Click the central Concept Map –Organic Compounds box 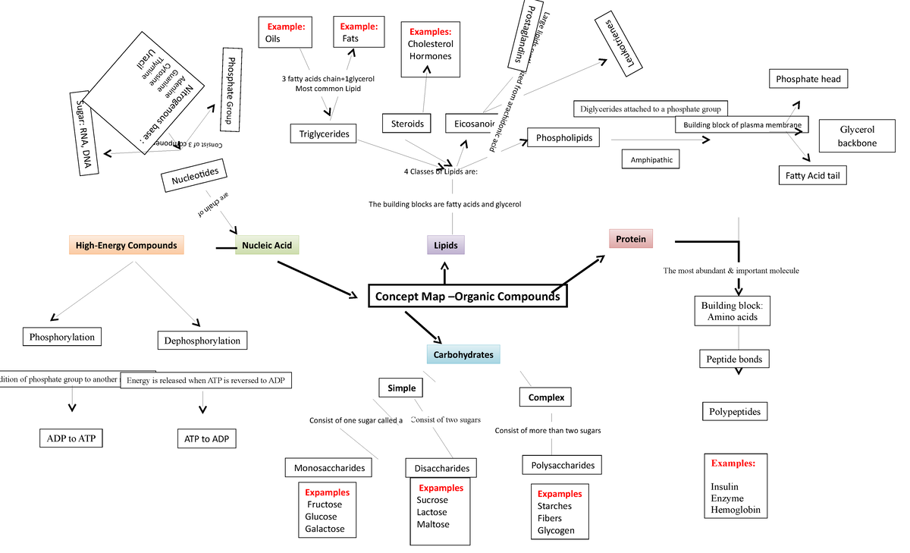pos(468,297)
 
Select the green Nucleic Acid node pos(267,245)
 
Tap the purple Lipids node pos(446,245)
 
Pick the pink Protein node pos(630,239)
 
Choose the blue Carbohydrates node pos(463,354)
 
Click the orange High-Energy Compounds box pos(126,245)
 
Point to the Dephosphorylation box pos(202,341)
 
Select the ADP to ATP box pos(71,438)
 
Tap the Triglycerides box pos(324,134)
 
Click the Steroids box pos(407,124)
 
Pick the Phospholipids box pos(563,138)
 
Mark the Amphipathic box pos(651,160)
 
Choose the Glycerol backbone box pos(857,137)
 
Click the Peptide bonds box pos(734,359)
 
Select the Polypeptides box pos(734,412)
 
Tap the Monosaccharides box pos(329,468)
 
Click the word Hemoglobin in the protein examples pos(735,511)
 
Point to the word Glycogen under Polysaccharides pos(556,530)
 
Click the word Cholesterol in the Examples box pos(430,44)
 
